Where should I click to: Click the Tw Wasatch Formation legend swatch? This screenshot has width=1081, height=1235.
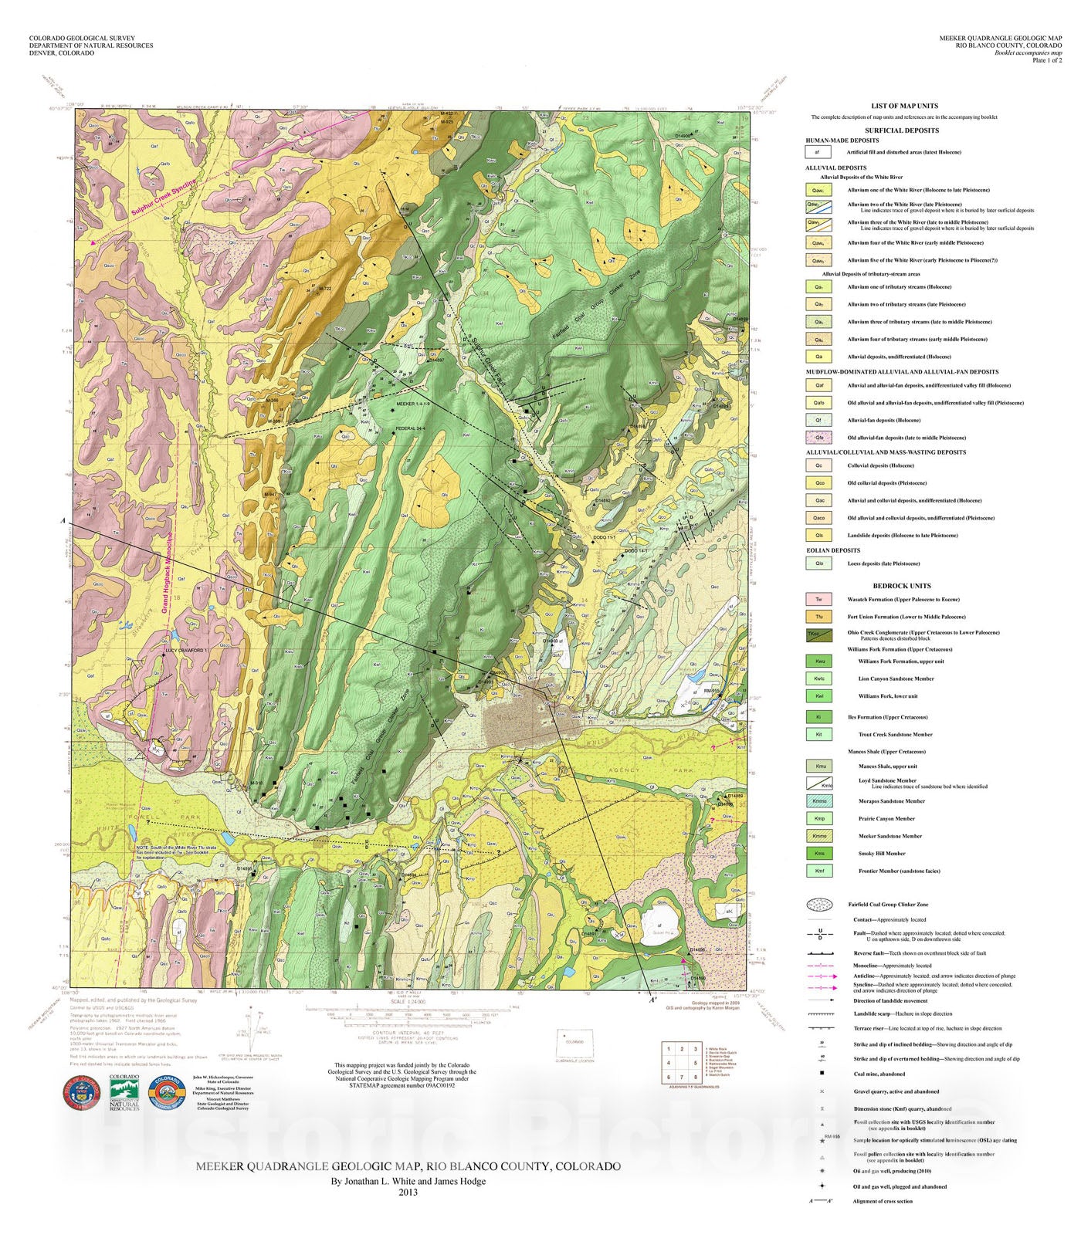pyautogui.click(x=818, y=599)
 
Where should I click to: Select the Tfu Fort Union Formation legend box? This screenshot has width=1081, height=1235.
pyautogui.click(x=818, y=617)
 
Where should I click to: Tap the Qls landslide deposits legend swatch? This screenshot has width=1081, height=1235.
pyautogui.click(x=818, y=535)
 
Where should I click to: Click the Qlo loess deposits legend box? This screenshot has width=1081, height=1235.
pyautogui.click(x=818, y=563)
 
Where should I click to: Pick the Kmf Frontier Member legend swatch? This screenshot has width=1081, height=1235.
pyautogui.click(x=818, y=871)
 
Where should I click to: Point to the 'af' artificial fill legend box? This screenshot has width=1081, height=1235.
pyautogui.click(x=818, y=152)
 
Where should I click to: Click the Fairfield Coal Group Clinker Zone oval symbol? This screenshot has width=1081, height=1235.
pyautogui.click(x=819, y=904)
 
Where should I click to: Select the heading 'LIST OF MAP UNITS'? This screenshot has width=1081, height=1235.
pyautogui.click(x=904, y=106)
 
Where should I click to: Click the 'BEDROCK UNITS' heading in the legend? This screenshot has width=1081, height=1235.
pyautogui.click(x=901, y=585)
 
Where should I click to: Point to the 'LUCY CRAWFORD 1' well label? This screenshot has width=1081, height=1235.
pyautogui.click(x=186, y=651)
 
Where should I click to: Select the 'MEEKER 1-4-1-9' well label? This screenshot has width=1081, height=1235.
pyautogui.click(x=412, y=404)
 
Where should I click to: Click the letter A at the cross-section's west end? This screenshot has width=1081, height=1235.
pyautogui.click(x=63, y=522)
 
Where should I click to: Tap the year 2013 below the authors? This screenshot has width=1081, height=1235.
pyautogui.click(x=408, y=1192)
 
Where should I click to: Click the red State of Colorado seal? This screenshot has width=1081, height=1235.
pyautogui.click(x=81, y=1091)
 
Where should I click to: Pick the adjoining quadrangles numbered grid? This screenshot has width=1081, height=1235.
pyautogui.click(x=682, y=1063)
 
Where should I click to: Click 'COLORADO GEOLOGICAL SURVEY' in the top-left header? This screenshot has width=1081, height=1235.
pyautogui.click(x=82, y=38)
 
